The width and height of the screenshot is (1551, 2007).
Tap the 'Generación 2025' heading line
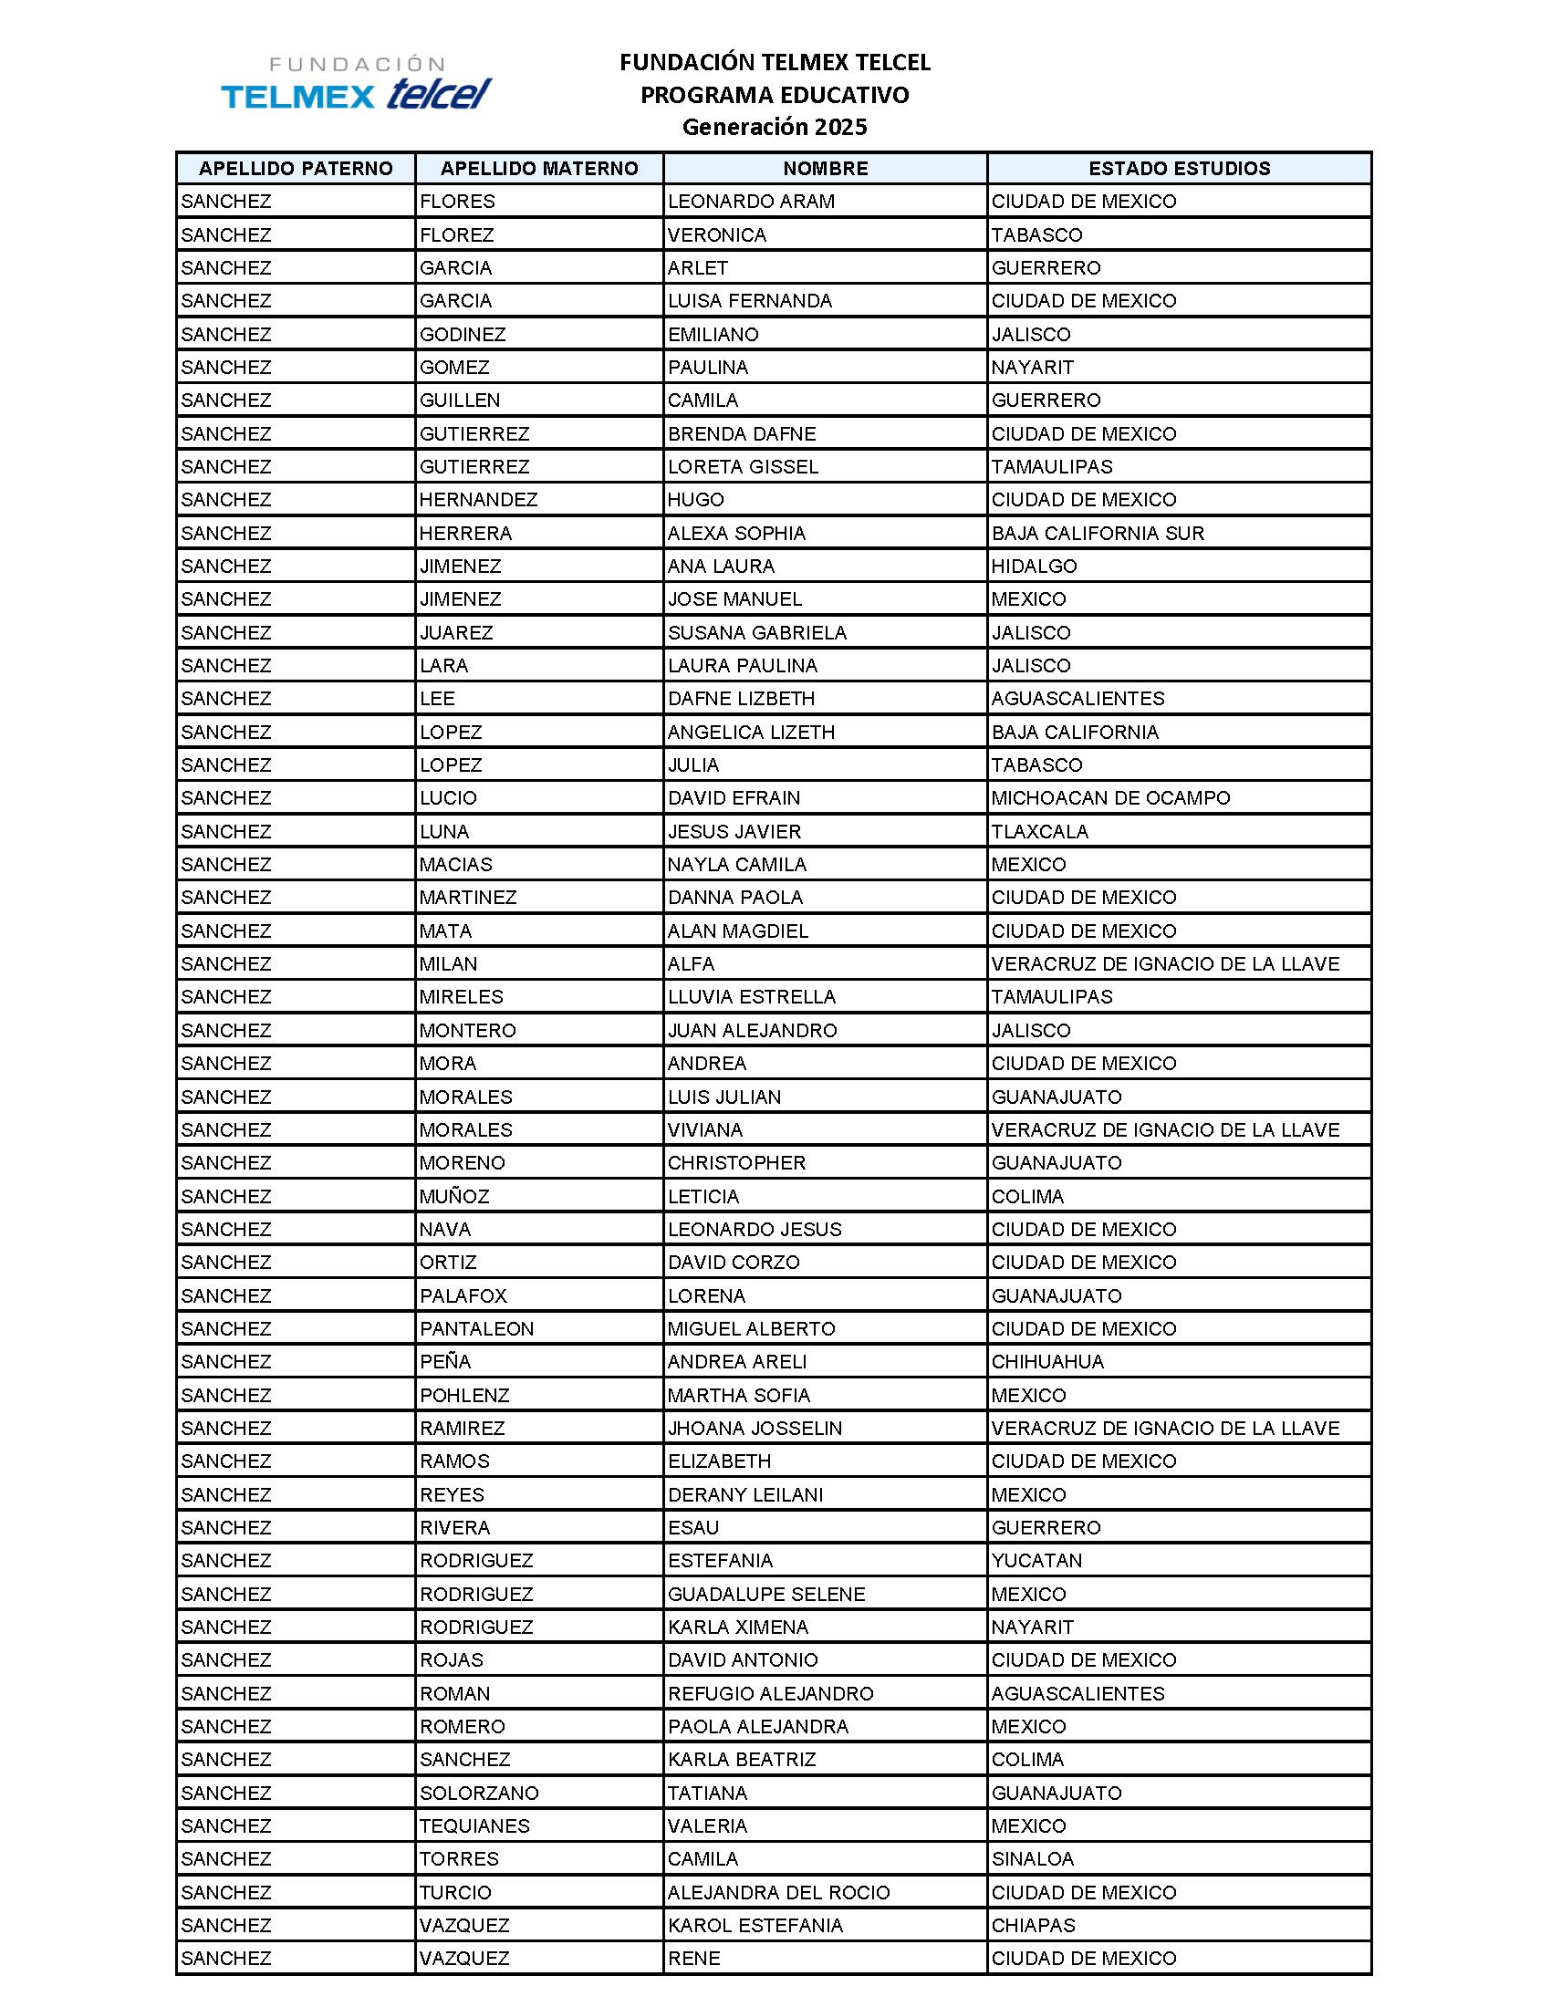[x=774, y=127]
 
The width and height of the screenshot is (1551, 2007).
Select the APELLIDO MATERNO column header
[x=538, y=168]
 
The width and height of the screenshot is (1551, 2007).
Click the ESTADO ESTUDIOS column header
[x=1179, y=168]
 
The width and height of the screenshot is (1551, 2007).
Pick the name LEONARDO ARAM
[x=751, y=202]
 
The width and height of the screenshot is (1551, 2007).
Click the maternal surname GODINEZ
[x=463, y=335]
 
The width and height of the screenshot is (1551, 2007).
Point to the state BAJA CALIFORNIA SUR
[x=1097, y=533]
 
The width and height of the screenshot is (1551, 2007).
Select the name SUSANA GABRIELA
[x=757, y=632]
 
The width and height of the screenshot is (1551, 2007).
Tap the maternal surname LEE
[x=437, y=699]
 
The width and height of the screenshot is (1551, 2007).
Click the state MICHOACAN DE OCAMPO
[x=1110, y=797]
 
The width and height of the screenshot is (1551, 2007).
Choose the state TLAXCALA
[x=1039, y=832]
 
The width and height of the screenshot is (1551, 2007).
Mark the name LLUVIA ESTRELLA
[x=752, y=997]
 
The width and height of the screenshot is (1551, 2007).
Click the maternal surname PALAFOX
[x=463, y=1295]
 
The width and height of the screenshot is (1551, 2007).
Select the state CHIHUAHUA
[x=1047, y=1362]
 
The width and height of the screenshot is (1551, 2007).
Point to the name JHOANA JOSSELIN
[x=755, y=1428]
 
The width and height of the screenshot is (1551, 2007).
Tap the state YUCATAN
[x=1036, y=1560]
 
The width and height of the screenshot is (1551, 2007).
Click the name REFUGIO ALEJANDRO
[x=770, y=1694]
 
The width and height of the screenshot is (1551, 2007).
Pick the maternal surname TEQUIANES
[x=474, y=1826]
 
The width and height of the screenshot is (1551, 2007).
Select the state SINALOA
[x=1032, y=1859]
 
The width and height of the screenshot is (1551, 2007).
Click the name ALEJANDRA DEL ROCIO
[x=778, y=1893]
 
